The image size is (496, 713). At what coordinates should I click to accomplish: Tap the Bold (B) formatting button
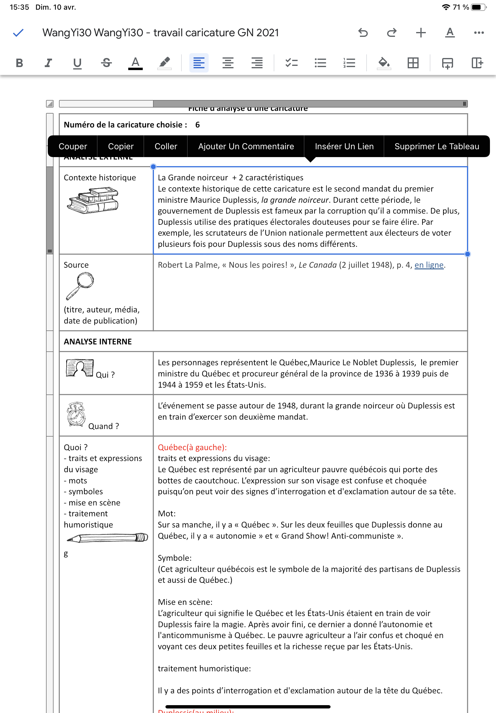(19, 63)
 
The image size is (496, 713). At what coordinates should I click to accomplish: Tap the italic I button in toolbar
(48, 63)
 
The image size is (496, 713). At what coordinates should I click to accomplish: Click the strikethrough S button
(106, 63)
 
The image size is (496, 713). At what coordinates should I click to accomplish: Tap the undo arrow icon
(363, 33)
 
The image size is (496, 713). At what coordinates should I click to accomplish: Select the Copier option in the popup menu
(121, 146)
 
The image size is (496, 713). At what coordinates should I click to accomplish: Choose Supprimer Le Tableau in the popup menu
(437, 146)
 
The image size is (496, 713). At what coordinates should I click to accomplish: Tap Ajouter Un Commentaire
(246, 146)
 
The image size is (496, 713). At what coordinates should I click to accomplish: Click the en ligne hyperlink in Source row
(429, 265)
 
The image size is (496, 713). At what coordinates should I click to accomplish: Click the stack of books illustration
(93, 200)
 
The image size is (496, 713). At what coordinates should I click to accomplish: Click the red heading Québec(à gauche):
(192, 447)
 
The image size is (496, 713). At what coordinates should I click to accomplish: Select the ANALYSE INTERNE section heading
(98, 341)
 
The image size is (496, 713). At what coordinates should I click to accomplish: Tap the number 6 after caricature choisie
(197, 125)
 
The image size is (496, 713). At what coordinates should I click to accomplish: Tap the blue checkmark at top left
(18, 33)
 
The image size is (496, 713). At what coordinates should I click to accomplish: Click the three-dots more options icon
(478, 33)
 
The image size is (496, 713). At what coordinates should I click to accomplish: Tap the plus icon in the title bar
(421, 33)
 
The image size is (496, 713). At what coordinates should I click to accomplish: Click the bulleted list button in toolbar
(320, 63)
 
